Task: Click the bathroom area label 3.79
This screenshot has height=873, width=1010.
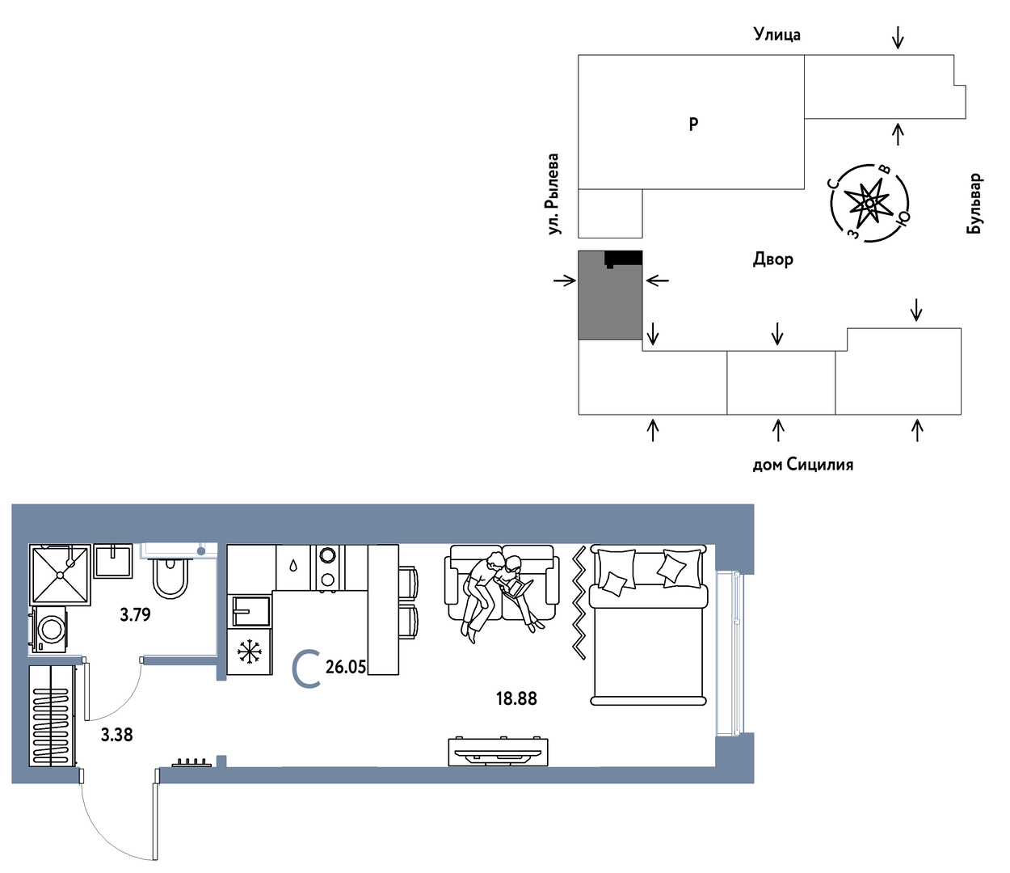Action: point(136,614)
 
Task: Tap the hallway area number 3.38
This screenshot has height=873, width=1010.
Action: point(117,735)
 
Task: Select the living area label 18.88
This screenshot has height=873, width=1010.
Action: point(516,699)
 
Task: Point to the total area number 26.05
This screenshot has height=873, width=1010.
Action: point(346,667)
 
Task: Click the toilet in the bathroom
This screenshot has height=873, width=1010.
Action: point(170,578)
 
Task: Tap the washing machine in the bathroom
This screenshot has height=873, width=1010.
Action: point(48,630)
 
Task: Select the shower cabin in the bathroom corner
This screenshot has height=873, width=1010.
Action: point(61,576)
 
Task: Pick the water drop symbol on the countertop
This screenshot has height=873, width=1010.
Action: point(292,566)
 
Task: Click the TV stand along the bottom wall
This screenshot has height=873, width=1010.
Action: point(498,752)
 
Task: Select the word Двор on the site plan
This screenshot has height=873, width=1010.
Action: point(773,259)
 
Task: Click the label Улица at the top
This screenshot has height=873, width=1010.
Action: point(777,35)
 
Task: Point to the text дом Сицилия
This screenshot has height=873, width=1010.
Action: point(803,464)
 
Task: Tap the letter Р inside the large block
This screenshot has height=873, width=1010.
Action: point(693,124)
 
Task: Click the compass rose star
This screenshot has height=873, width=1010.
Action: point(869,202)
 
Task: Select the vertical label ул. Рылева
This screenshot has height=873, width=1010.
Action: point(553,194)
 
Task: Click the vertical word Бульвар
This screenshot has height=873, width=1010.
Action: point(974,204)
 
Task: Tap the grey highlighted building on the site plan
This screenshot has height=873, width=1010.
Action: point(610,295)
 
